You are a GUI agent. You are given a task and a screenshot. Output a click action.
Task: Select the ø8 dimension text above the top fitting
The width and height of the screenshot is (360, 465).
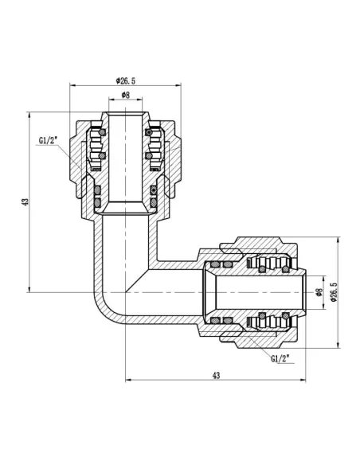tap(125, 95)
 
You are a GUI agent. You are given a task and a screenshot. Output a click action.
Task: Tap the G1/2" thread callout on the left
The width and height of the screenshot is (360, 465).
tap(49, 142)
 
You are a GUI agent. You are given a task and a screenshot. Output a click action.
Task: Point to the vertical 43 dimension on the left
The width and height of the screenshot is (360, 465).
tap(26, 203)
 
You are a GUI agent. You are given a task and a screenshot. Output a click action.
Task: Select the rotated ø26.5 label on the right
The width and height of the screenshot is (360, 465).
tap(334, 293)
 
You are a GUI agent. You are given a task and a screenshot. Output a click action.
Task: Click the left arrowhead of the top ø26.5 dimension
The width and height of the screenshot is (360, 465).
tap(73, 85)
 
